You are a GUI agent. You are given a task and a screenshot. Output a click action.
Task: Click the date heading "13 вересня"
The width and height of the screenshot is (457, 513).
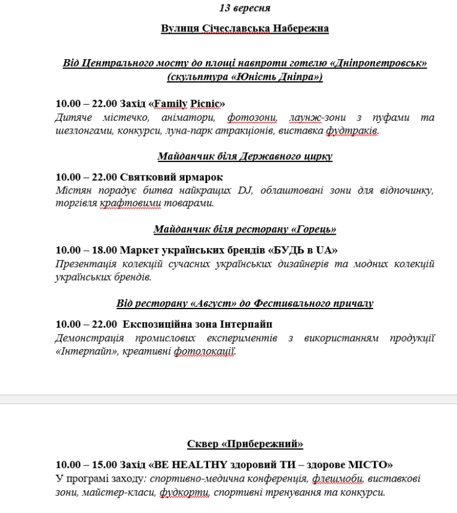point(245,8)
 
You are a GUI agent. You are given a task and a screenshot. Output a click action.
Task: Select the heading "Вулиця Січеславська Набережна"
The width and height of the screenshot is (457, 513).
point(245,29)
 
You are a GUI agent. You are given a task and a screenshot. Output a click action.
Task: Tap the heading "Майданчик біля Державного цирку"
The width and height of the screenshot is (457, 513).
point(245,156)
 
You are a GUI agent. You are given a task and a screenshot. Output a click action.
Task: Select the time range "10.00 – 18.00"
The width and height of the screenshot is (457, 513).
point(85,250)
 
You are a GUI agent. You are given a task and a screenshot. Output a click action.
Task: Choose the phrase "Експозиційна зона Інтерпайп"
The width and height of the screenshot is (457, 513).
point(197,324)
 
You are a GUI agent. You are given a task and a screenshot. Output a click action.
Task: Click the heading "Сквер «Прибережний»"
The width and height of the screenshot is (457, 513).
point(245,443)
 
